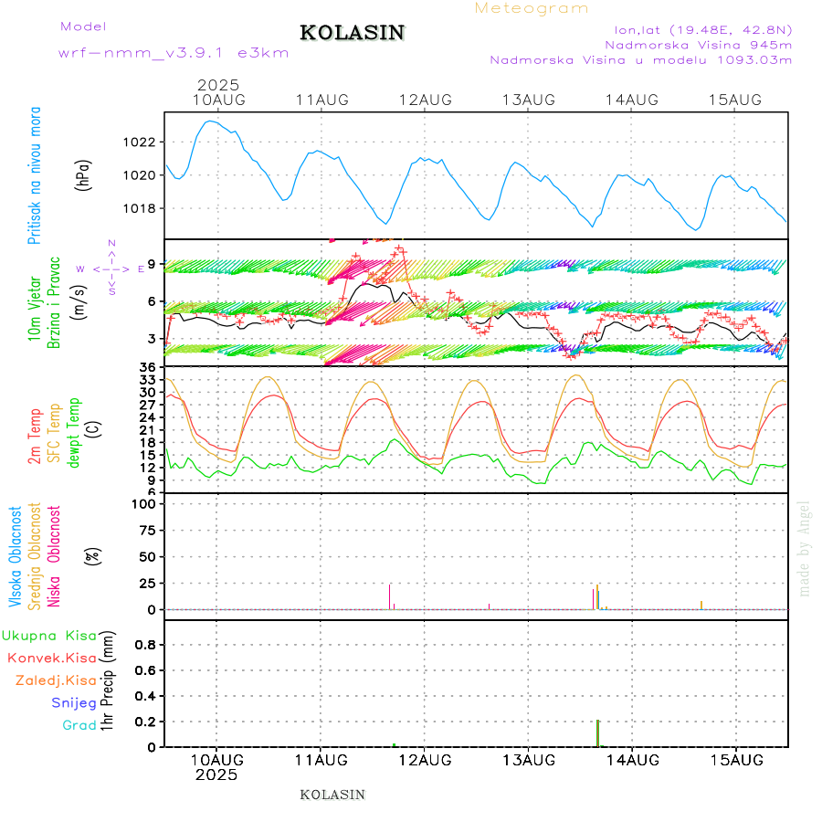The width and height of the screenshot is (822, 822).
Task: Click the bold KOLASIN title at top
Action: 352,33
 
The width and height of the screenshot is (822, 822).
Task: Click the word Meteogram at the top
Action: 532,8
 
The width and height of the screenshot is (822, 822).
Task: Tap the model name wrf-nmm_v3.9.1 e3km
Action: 174,53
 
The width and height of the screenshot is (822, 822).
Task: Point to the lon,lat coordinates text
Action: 702,29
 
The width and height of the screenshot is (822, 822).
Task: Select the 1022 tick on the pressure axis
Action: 142,142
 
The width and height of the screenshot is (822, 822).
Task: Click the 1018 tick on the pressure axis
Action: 142,208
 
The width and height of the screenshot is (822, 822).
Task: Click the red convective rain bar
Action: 597,733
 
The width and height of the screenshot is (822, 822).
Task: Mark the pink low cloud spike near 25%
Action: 390,595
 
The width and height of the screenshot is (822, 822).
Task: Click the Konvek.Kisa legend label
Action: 51,658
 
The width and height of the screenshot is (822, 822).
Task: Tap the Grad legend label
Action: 79,725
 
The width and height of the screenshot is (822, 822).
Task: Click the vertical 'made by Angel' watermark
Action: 805,548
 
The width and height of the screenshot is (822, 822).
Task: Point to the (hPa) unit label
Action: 83,174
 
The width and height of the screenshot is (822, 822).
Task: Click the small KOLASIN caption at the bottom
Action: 332,795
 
